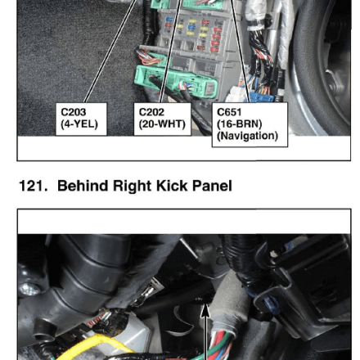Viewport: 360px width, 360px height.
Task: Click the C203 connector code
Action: coord(74,112)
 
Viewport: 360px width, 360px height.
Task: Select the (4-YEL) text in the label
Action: coord(79,124)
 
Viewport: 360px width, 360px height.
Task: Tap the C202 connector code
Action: coord(151,112)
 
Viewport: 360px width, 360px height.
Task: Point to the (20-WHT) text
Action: coord(162,124)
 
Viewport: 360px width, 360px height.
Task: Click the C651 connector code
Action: coord(229,112)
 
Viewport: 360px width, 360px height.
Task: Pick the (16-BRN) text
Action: coord(239,124)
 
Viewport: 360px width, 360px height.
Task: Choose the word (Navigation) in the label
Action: coord(247,136)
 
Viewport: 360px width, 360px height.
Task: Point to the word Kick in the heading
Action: coord(172,186)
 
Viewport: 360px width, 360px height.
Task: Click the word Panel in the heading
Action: coord(212,186)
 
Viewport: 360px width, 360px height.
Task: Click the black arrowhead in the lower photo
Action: coord(205,310)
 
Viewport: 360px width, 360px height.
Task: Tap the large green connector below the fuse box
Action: coord(175,83)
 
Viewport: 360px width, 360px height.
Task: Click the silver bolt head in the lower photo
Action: coord(29,289)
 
